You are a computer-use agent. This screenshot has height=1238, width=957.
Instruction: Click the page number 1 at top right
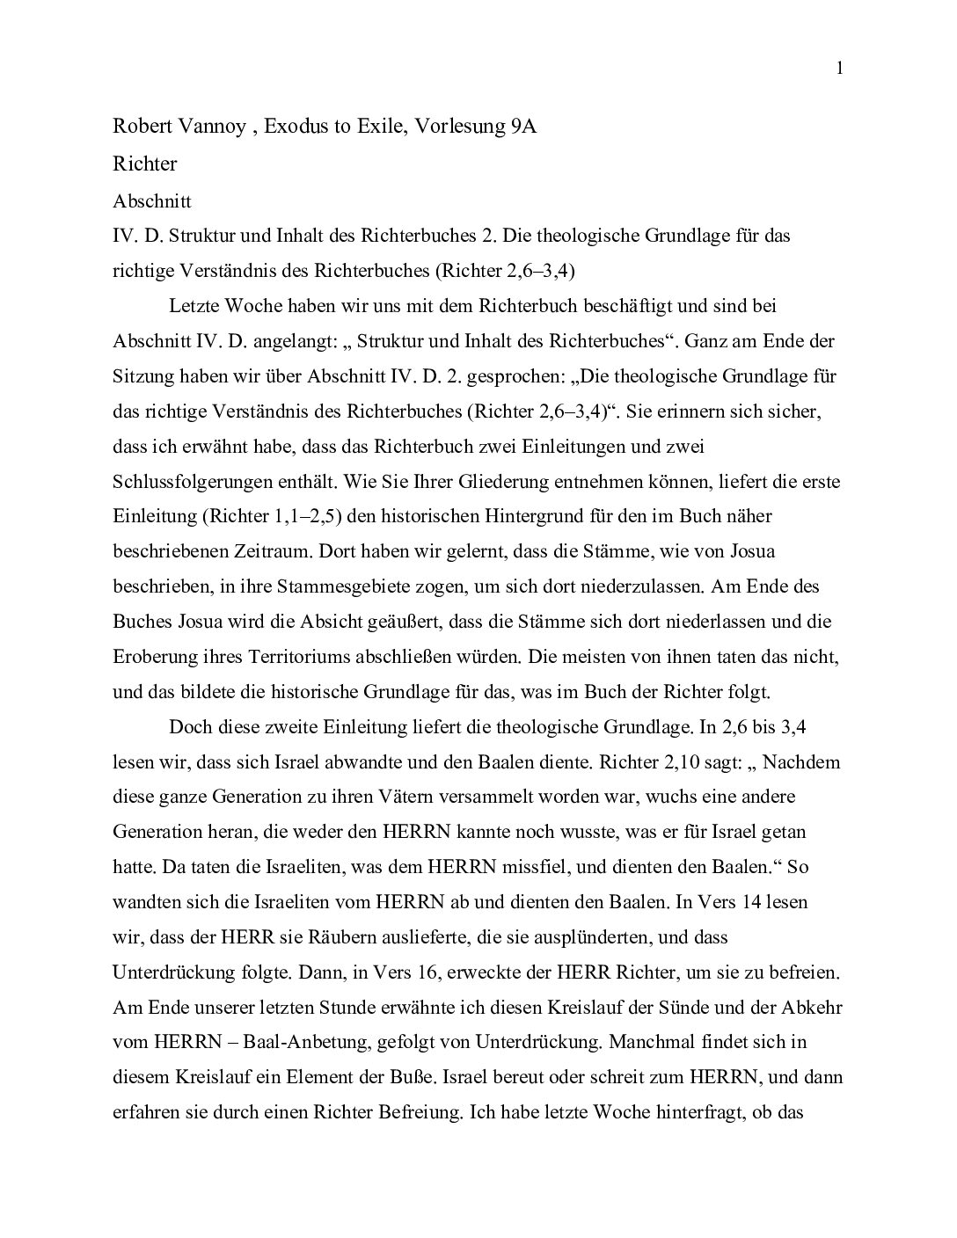pyautogui.click(x=840, y=69)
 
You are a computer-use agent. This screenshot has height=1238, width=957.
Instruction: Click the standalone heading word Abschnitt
pyautogui.click(x=152, y=200)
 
